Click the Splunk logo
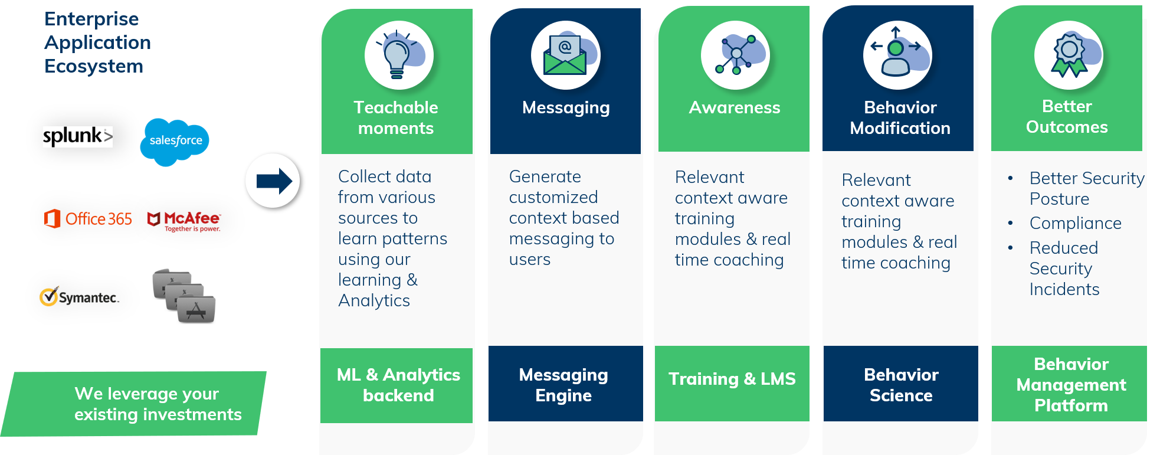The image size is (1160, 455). tap(77, 136)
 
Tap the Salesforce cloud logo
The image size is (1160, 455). tap(175, 141)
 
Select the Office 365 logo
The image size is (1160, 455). tap(89, 219)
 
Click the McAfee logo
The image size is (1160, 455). tap(184, 221)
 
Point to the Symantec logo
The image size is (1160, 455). tap(79, 297)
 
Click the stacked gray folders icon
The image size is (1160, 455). tap(184, 296)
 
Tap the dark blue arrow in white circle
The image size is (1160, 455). tap(273, 181)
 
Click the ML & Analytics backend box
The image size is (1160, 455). tap(398, 385)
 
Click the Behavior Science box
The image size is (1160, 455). tap(900, 384)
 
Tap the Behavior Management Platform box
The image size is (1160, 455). tap(1070, 384)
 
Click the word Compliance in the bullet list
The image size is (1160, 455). tap(1075, 223)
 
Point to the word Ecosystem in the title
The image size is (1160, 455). tap(94, 66)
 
